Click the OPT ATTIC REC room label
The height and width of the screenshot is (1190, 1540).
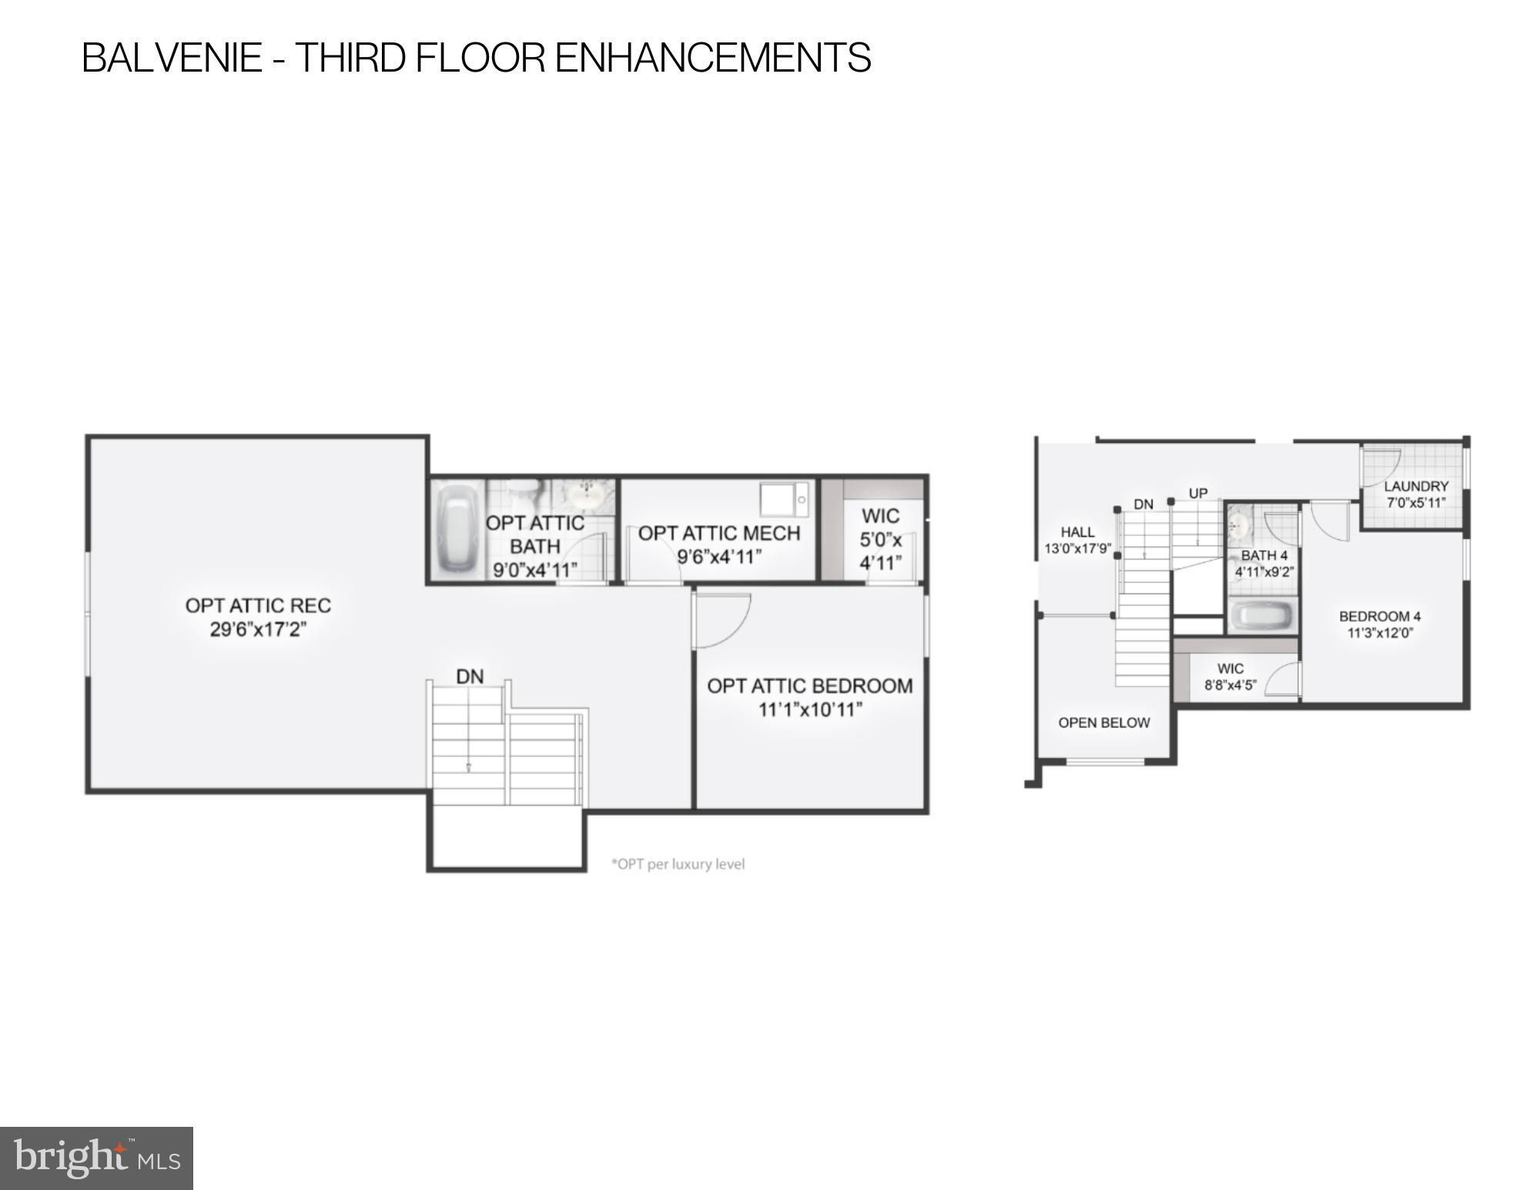[258, 605]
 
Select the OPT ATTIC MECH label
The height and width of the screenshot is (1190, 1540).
[719, 533]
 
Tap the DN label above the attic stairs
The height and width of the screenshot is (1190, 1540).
[470, 676]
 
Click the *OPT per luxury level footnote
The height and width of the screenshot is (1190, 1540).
[678, 864]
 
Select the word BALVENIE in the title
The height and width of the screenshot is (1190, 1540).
[172, 58]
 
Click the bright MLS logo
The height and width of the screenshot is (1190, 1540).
[96, 1158]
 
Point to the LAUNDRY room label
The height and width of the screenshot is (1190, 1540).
[1416, 486]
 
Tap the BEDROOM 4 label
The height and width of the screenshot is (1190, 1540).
[1380, 616]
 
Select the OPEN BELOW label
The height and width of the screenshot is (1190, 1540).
[1104, 722]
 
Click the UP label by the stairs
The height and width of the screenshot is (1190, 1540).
[1198, 493]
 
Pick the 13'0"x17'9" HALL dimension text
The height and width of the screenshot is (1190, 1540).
[1077, 549]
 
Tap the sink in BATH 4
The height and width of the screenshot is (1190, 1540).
[1239, 525]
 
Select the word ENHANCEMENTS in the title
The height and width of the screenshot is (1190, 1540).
[713, 58]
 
